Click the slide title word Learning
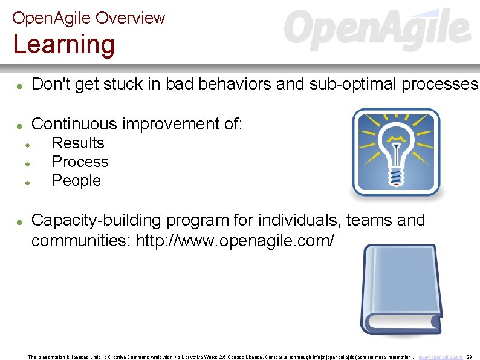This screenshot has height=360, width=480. (x=63, y=45)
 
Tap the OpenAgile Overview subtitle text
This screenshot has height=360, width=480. (x=88, y=18)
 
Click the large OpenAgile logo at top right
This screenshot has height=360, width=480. (x=377, y=30)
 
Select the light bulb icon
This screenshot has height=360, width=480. (x=396, y=152)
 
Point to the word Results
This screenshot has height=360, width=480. (x=78, y=143)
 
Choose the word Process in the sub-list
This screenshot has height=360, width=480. (x=80, y=162)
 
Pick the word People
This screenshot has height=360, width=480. (x=76, y=181)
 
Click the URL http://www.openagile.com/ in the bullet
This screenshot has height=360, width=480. (x=235, y=241)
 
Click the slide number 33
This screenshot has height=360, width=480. (x=469, y=357)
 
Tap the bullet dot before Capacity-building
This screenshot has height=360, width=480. (x=19, y=223)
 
